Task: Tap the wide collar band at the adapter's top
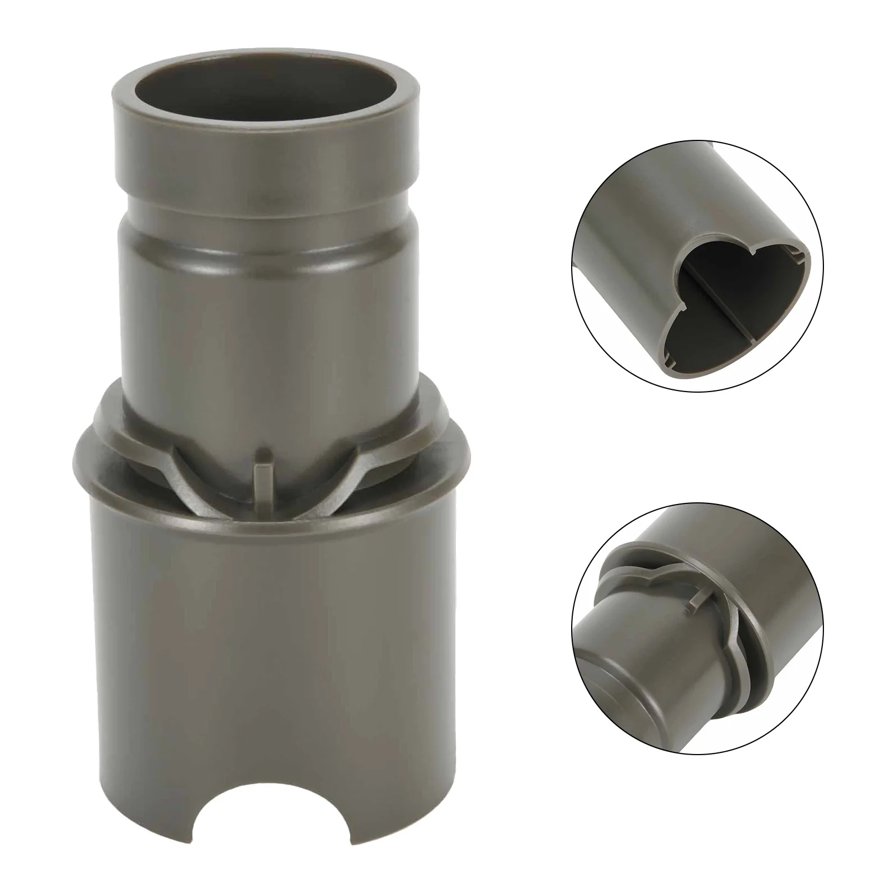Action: pos(266,140)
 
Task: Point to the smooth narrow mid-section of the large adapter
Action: pos(266,313)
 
